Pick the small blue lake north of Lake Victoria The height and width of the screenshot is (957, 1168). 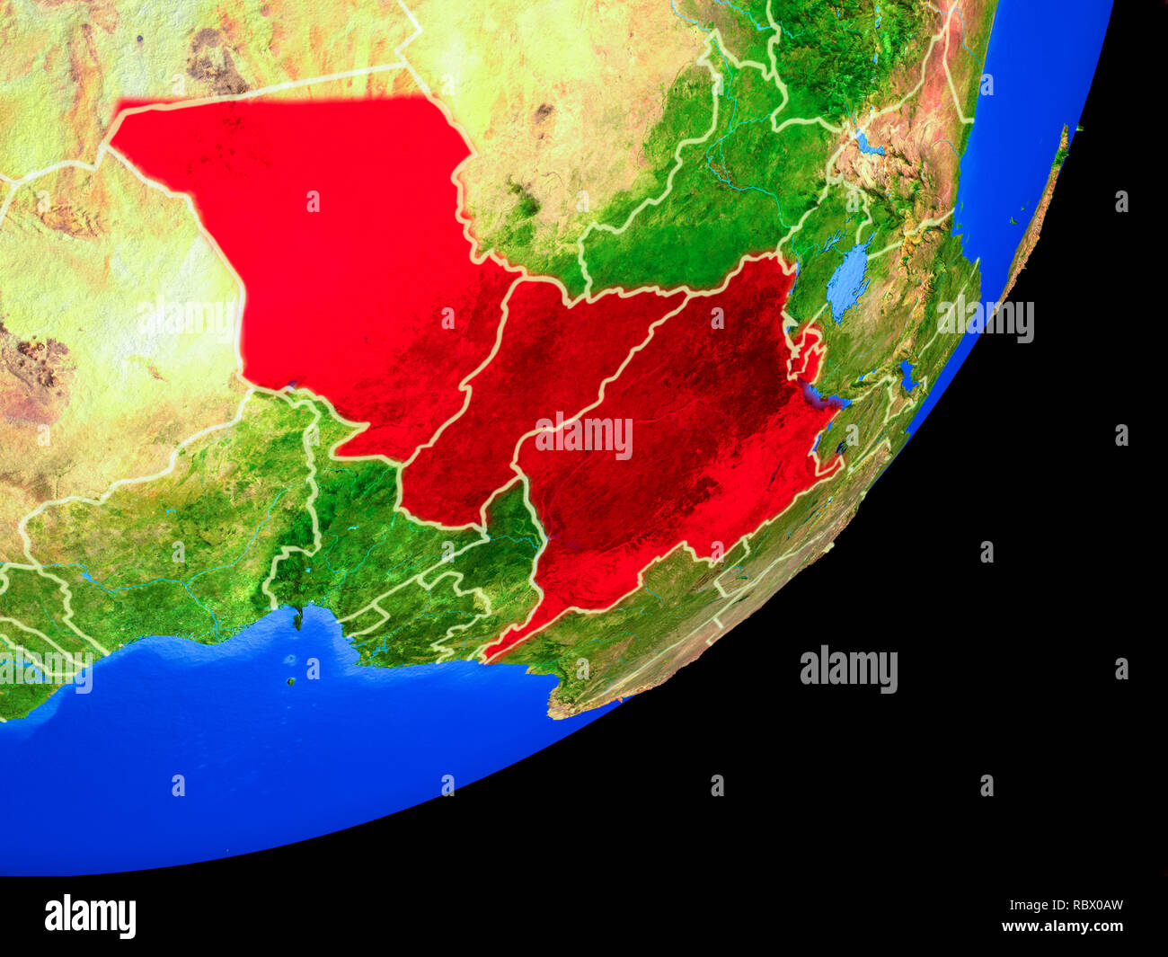click(x=866, y=144)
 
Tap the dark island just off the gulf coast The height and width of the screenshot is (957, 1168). click(x=296, y=617)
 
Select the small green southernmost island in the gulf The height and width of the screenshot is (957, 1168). click(x=291, y=681)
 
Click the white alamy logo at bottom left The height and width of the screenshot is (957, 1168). click(x=91, y=916)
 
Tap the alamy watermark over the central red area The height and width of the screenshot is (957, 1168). click(x=584, y=435)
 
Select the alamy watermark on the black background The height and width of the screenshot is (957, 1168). click(x=848, y=669)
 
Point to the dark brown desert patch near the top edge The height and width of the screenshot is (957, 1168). click(x=216, y=59)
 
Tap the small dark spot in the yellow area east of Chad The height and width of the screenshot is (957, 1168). click(x=543, y=113)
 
